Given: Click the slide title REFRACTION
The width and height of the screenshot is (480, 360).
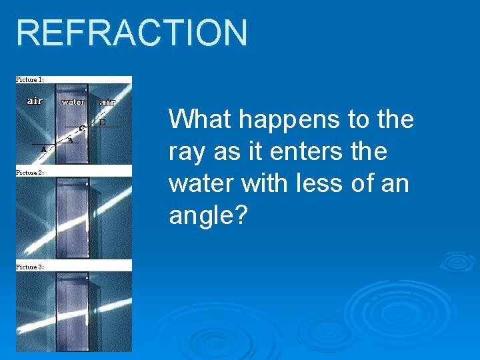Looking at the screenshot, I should pyautogui.click(x=131, y=33).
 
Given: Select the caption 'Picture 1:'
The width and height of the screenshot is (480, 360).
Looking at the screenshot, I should pyautogui.click(x=30, y=79).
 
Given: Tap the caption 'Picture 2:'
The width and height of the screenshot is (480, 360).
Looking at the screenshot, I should pyautogui.click(x=30, y=172).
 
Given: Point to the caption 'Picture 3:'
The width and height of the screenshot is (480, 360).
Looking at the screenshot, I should pyautogui.click(x=30, y=267).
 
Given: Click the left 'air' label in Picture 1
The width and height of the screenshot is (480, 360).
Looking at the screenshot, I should pyautogui.click(x=35, y=101).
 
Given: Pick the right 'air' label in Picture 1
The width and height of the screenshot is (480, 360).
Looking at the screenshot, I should pyautogui.click(x=107, y=102).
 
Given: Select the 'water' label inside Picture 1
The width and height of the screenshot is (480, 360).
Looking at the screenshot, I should pyautogui.click(x=73, y=102).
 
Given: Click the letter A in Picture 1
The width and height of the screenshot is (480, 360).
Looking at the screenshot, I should pyautogui.click(x=44, y=150).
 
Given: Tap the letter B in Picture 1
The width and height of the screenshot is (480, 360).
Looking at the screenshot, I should pyautogui.click(x=69, y=140).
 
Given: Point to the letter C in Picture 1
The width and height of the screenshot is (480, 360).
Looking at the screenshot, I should pyautogui.click(x=81, y=127).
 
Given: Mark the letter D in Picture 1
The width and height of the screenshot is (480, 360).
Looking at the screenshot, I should pyautogui.click(x=102, y=123).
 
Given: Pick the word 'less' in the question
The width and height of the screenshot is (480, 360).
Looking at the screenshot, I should pyautogui.click(x=317, y=183).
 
